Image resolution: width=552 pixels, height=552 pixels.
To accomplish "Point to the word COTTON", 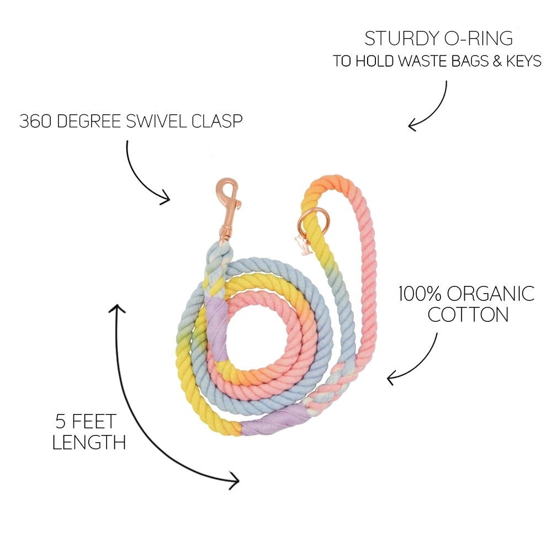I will [468, 314].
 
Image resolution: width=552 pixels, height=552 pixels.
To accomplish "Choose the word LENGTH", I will [89, 442].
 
